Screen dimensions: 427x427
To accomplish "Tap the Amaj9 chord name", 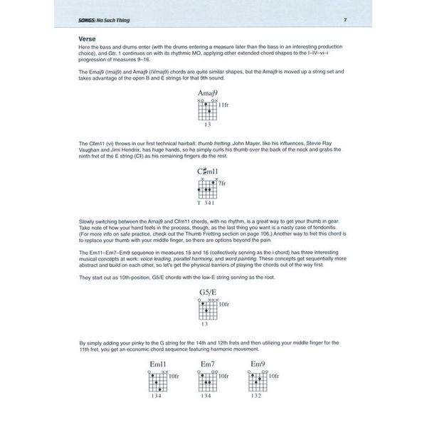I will pyautogui.click(x=207, y=93).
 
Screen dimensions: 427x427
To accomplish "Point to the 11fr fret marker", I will pyautogui.click(x=223, y=105).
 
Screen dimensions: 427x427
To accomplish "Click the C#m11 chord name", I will pyautogui.click(x=207, y=172).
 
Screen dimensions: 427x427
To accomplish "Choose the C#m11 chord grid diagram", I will pyautogui.click(x=206, y=189).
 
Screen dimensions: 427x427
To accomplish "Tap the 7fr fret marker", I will pyautogui.click(x=222, y=184).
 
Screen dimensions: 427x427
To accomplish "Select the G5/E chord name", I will pyautogui.click(x=207, y=292).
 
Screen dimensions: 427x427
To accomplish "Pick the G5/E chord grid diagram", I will pyautogui.click(x=206, y=310).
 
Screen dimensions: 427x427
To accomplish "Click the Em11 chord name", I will pyautogui.click(x=157, y=364).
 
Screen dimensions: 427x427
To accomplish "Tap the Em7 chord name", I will pyautogui.click(x=207, y=364).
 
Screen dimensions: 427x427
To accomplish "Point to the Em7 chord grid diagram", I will pyautogui.click(x=206, y=382).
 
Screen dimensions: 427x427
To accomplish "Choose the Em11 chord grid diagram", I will pyautogui.click(x=157, y=382).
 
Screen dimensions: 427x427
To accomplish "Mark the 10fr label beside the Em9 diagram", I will pyautogui.click(x=275, y=376).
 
